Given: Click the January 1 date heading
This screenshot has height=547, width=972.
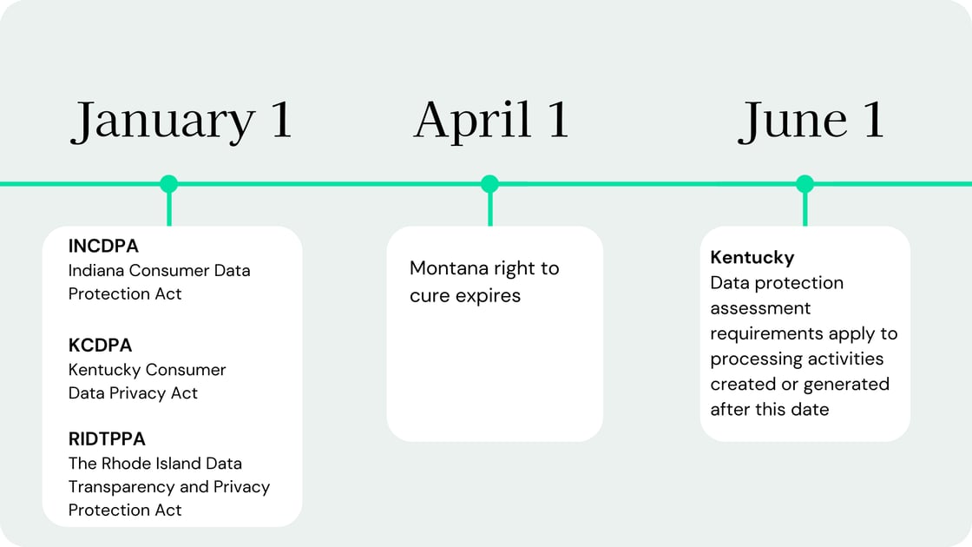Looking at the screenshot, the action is (181, 121).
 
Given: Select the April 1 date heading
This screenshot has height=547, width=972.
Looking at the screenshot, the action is (491, 121).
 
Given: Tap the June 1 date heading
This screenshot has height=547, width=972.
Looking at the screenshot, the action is (811, 121).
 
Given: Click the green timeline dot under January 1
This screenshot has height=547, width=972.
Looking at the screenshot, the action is (168, 183).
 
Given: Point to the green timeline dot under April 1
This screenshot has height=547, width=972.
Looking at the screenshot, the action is (489, 183).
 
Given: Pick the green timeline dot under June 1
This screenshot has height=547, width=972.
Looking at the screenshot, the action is (805, 183).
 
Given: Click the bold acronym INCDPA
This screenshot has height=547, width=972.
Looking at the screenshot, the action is (103, 247).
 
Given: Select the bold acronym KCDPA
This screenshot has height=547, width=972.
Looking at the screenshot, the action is (100, 346).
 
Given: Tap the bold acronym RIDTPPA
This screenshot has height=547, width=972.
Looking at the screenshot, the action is (107, 439).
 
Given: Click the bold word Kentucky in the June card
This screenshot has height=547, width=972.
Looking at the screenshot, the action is (752, 258).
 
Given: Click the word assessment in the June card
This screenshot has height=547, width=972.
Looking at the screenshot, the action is (760, 309).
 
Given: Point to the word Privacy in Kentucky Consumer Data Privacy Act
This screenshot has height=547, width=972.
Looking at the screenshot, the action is (137, 393).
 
